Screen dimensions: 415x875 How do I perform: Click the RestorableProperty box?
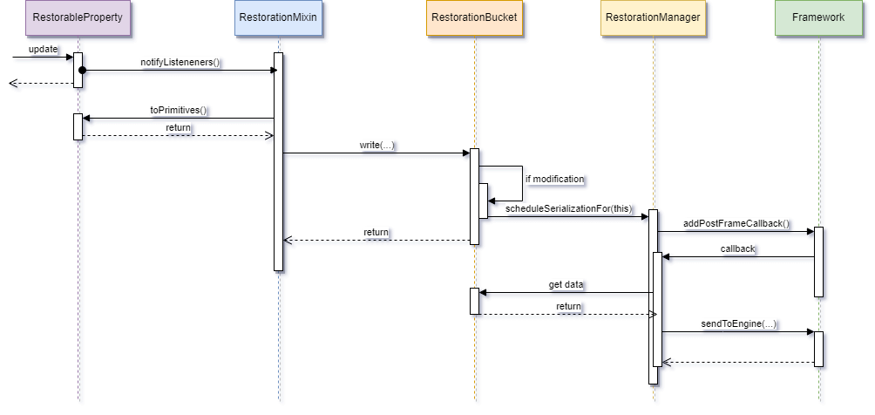pyautogui.click(x=77, y=18)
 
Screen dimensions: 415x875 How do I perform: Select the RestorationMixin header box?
pyautogui.click(x=278, y=18)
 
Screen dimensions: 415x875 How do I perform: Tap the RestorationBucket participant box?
pyautogui.click(x=474, y=18)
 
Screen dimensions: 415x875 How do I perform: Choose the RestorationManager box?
pyautogui.click(x=653, y=18)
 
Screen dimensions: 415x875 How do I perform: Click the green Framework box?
pyautogui.click(x=818, y=18)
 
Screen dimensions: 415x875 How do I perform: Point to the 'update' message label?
pyautogui.click(x=44, y=50)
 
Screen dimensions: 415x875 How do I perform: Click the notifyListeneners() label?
pyautogui.click(x=180, y=63)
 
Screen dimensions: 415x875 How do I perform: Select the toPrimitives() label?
pyautogui.click(x=179, y=111)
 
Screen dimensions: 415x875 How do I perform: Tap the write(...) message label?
pyautogui.click(x=377, y=146)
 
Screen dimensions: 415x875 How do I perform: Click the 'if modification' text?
pyautogui.click(x=554, y=179)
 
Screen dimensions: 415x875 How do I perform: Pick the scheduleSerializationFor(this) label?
pyautogui.click(x=569, y=210)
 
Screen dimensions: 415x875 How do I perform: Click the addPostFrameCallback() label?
pyautogui.click(x=736, y=224)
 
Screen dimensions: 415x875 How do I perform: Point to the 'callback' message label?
pyautogui.click(x=738, y=249)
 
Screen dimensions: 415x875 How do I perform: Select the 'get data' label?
pyautogui.click(x=566, y=285)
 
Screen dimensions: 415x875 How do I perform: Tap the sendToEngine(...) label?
pyautogui.click(x=739, y=324)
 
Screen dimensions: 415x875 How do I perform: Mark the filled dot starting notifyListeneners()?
pyautogui.click(x=82, y=71)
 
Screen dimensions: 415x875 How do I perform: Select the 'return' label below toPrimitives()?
pyautogui.click(x=179, y=128)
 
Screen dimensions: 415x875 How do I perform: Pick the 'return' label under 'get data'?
pyautogui.click(x=568, y=307)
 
